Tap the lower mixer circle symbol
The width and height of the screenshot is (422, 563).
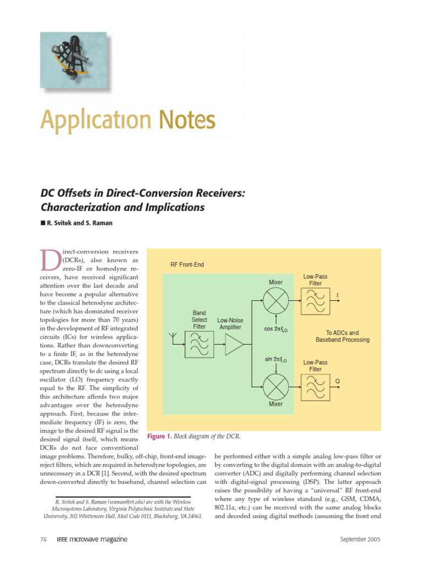(x=275, y=383)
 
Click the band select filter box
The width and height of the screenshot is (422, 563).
(x=199, y=344)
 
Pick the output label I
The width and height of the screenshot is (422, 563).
(x=338, y=296)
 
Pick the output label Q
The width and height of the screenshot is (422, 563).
(x=337, y=380)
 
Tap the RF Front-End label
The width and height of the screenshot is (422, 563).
(x=187, y=264)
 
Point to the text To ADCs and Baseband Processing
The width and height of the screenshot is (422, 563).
(x=342, y=336)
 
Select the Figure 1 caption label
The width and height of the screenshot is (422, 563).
(x=159, y=437)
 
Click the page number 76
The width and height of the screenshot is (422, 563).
(x=44, y=539)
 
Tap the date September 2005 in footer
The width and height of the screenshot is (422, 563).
(x=360, y=539)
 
